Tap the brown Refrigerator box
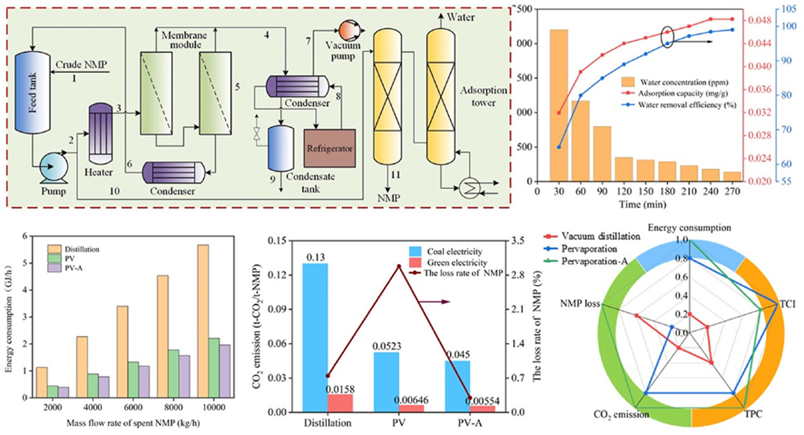330,148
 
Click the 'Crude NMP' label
81,65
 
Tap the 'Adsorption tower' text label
483,96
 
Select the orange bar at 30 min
559,105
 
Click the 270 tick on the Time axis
732,191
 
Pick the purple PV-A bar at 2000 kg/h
64,392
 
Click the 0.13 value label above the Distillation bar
316,257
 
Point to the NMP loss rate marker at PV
399,266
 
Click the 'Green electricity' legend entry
456,263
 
